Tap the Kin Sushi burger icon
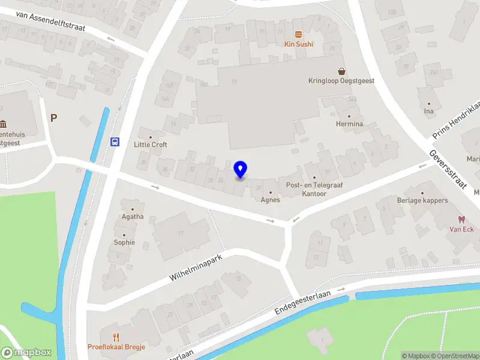298,34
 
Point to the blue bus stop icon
115,142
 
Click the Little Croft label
151,145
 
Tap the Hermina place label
349,124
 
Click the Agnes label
271,200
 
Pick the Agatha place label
133,217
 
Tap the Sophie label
124,242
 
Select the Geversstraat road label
448,169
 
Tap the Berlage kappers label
422,200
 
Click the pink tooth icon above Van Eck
461,220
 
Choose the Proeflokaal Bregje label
116,347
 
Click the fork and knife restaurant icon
116,337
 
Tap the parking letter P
53,118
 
